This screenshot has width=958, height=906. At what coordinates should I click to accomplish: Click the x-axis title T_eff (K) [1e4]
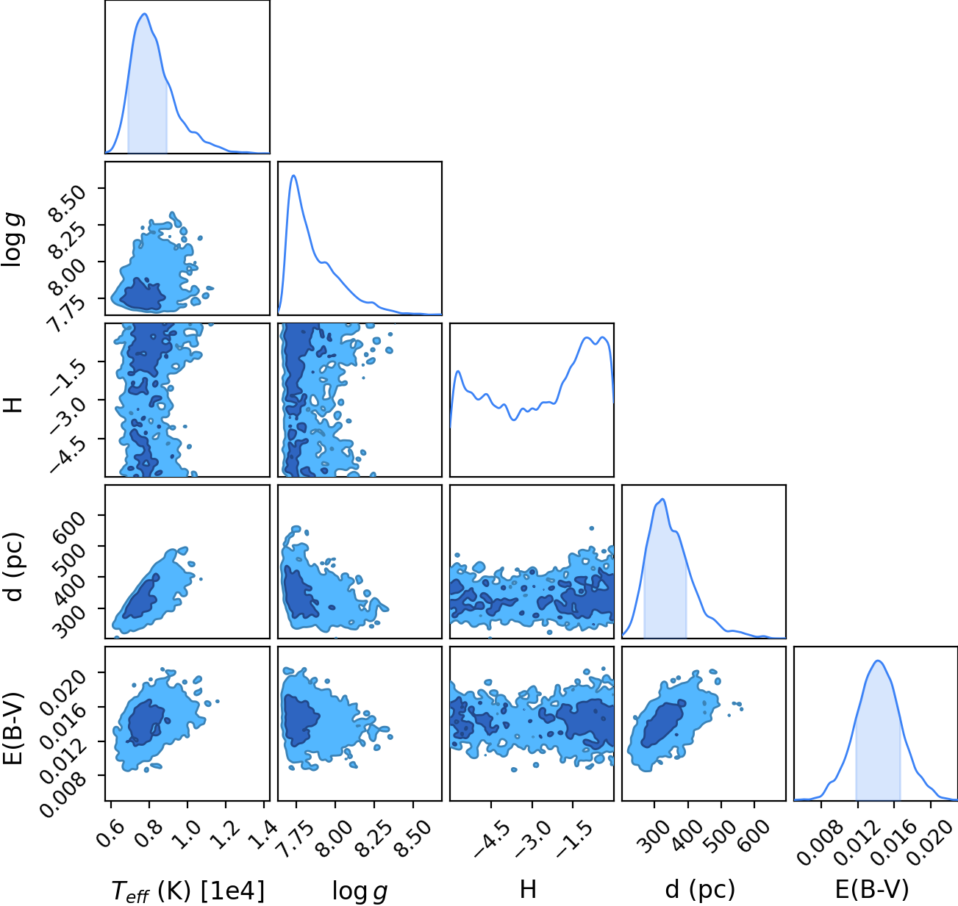(188, 891)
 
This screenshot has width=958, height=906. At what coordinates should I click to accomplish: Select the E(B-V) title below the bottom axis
(872, 889)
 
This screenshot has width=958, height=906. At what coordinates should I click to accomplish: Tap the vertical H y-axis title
(13, 405)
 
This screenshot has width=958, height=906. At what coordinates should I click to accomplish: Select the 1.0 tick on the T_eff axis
(185, 835)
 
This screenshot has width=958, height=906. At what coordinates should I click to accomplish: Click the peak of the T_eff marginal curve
(145, 14)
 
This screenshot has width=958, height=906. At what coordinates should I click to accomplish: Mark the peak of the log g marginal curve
(293, 176)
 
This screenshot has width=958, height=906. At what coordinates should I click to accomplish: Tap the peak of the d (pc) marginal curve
(662, 499)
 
